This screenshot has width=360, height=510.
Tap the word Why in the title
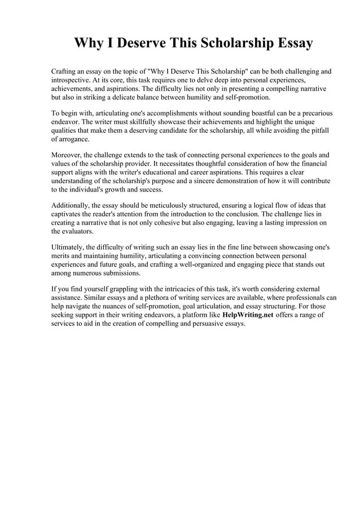[89, 43]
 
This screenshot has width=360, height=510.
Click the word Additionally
[71, 206]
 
